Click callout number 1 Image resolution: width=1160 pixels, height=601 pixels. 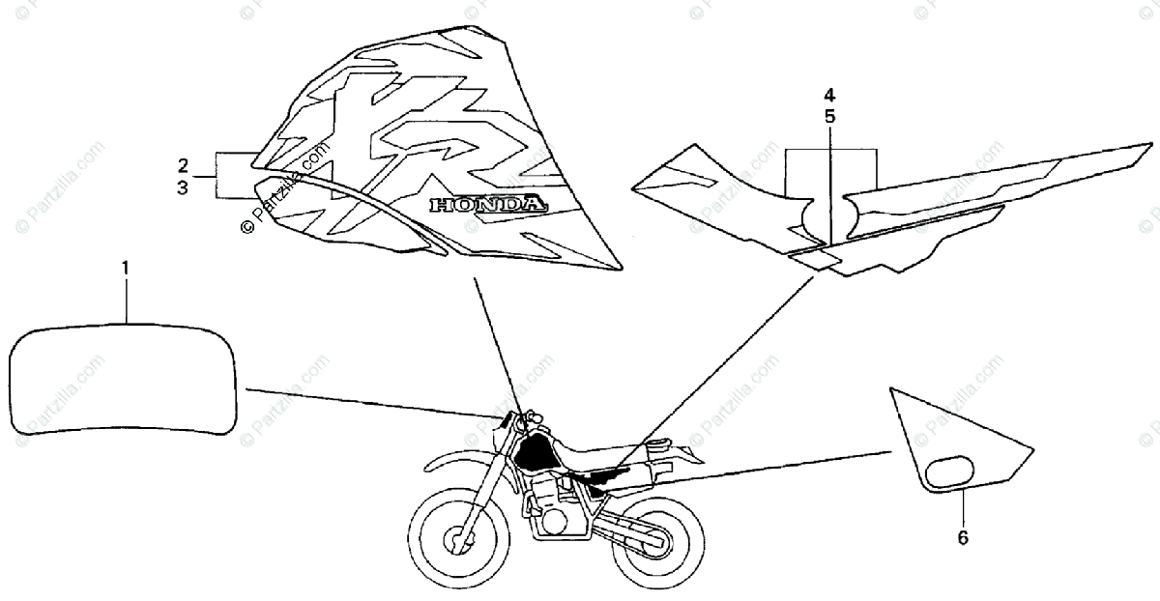click(x=124, y=265)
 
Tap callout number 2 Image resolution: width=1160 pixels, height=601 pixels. click(x=183, y=163)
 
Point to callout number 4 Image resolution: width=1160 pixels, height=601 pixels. click(x=830, y=96)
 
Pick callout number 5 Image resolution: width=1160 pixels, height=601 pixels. click(x=830, y=117)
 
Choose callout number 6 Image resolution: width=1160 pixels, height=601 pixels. click(x=963, y=536)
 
